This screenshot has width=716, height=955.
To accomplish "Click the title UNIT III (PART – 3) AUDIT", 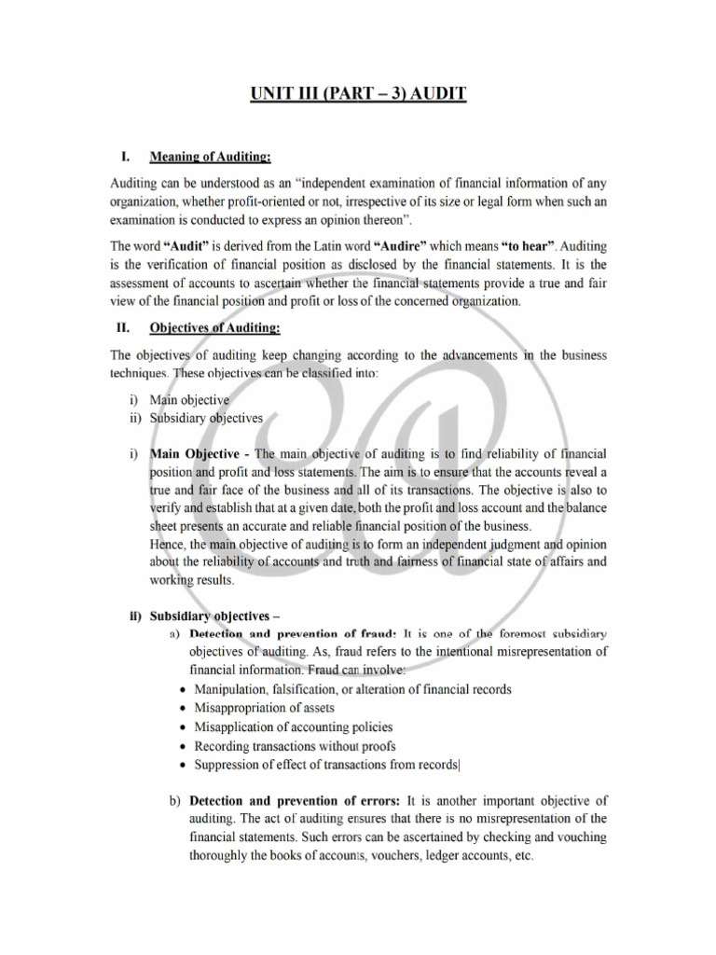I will coord(357,95).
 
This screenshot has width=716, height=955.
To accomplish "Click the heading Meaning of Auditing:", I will coord(211,156).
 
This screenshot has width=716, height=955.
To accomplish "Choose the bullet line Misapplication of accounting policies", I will coord(293,727).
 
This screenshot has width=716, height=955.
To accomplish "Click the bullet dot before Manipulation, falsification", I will coord(182,690).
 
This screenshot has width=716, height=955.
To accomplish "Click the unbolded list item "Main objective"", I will coord(190,400).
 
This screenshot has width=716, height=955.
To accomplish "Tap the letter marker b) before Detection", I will coord(175,800).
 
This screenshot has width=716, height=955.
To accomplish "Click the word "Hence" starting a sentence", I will coord(169,544).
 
